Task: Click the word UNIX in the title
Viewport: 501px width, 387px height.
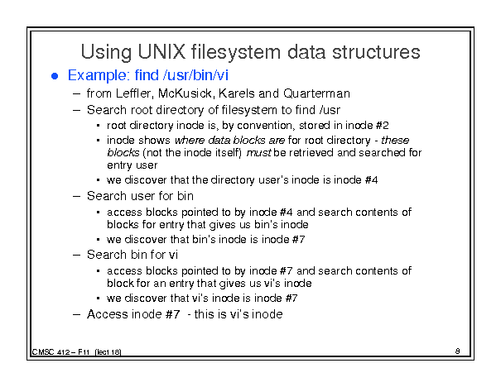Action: pos(161,52)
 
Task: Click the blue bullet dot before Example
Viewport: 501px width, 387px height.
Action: pos(55,76)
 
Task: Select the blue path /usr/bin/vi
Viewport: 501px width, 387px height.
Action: pos(195,75)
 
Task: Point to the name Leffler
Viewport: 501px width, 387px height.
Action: pos(133,93)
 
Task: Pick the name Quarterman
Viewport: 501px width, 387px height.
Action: pos(316,93)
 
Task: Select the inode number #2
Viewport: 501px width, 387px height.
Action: pos(382,126)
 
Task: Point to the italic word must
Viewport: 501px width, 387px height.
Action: pos(259,153)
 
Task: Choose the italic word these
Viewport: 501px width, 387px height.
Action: pos(395,141)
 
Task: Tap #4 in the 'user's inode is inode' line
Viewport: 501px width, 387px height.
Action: pos(371,180)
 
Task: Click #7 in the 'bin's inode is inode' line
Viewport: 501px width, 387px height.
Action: pos(298,239)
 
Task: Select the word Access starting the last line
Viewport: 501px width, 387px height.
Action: pos(108,314)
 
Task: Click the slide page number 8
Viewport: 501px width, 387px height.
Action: pos(458,351)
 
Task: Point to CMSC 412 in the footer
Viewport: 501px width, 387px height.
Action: pos(51,352)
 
